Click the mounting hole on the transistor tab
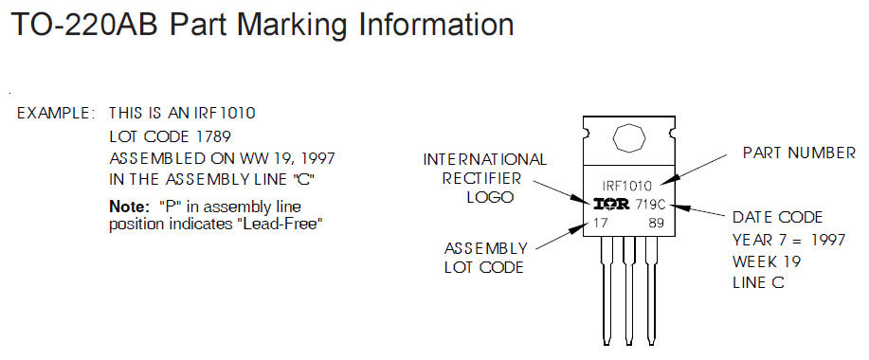pos(629,136)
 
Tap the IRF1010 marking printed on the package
pos(627,186)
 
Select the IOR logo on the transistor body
pos(612,205)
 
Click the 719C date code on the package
pos(650,205)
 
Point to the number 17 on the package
pos(600,224)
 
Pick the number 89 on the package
pos(656,224)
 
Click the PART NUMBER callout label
pos(799,153)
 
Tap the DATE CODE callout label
pos(778,217)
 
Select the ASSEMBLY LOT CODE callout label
pos(485,257)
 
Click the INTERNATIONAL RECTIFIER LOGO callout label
pos(485,178)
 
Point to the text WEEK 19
pos(767,261)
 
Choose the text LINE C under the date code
pos(758,282)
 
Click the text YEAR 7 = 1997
pos(789,240)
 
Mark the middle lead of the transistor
pos(629,290)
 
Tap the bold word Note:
pos(130,207)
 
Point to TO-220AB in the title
pos(84,25)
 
